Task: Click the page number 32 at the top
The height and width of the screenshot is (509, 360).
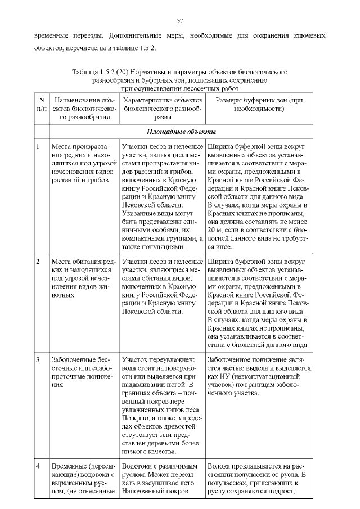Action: (x=180, y=21)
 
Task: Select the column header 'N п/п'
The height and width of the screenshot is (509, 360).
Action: (x=42, y=107)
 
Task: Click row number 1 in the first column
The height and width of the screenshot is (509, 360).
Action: (x=37, y=147)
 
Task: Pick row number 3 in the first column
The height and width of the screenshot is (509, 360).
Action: (x=37, y=359)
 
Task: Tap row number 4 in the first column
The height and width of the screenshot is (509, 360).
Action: (x=37, y=466)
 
